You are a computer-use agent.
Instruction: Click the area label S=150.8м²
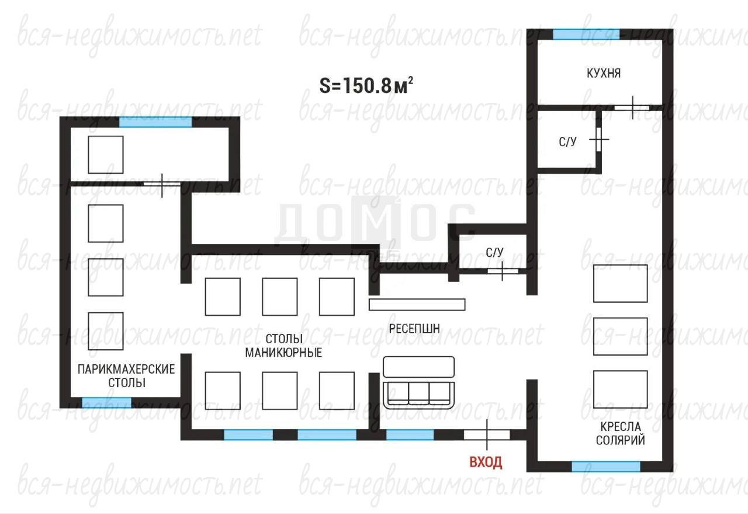click(366, 85)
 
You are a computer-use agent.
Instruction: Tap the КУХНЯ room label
click(604, 73)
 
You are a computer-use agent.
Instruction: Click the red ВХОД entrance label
click(486, 462)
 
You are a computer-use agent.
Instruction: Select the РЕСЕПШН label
click(414, 329)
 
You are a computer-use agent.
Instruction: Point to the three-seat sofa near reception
click(419, 382)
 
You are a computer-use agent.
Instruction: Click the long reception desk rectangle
click(417, 305)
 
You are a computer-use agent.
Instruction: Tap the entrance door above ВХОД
click(487, 435)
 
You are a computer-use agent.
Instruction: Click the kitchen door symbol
click(632, 108)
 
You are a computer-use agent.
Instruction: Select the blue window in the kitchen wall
click(586, 35)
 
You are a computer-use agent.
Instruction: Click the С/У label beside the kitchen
click(567, 142)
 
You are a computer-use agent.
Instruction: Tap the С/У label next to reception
click(494, 252)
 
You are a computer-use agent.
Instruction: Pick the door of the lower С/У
click(503, 271)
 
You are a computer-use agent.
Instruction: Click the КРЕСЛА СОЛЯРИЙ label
click(621, 433)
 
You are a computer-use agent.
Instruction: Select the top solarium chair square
click(620, 284)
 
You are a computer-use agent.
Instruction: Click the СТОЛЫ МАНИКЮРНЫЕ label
click(283, 346)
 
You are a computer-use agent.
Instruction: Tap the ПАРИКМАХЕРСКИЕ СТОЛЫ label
click(126, 375)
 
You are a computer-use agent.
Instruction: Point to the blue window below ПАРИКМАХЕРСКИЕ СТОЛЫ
click(106, 403)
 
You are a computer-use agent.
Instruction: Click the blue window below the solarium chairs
click(606, 467)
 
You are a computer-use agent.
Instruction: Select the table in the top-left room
click(106, 155)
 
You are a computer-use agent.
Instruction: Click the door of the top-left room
click(162, 185)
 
